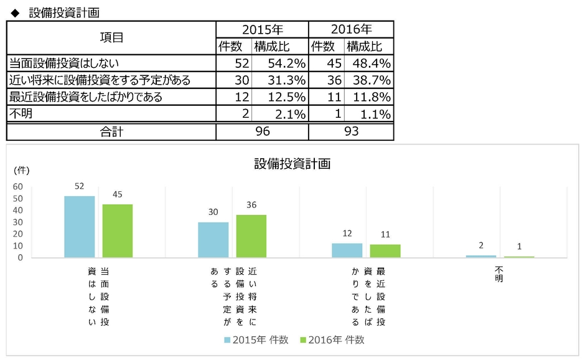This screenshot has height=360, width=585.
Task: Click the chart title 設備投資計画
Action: [x=292, y=164]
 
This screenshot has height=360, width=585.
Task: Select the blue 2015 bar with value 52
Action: [x=80, y=227]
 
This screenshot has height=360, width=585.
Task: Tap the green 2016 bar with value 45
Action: [x=118, y=231]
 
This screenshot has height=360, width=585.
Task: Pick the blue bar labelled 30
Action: [x=213, y=240]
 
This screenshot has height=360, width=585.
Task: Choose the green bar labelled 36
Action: [x=251, y=236]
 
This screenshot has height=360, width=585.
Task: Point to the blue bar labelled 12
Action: [x=347, y=250]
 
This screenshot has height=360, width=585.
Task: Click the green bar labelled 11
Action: [x=385, y=251]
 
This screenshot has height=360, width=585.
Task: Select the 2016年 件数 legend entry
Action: [x=332, y=339]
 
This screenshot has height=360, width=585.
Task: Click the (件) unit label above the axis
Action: [x=21, y=170]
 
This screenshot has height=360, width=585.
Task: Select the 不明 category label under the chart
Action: [x=499, y=274]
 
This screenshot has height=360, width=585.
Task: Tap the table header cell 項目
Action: [x=111, y=37]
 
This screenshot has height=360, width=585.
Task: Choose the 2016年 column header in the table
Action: [x=351, y=29]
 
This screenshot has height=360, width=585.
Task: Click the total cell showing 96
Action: [x=262, y=131]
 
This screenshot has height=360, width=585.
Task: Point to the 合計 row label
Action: [x=111, y=131]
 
